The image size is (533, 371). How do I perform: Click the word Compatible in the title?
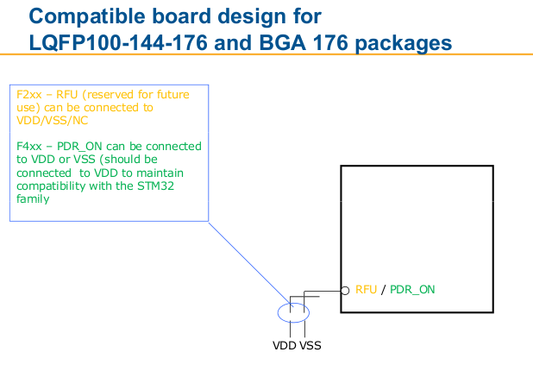coord(87,17)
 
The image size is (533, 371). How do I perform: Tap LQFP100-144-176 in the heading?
coord(118,43)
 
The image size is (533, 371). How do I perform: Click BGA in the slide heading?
coord(282,43)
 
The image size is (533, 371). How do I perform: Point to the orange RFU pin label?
coord(366,289)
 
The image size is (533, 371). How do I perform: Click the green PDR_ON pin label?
coord(412,290)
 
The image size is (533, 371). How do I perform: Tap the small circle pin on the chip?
coord(345,291)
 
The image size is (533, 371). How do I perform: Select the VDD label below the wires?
coord(284,345)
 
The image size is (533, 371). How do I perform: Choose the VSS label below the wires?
coord(310,345)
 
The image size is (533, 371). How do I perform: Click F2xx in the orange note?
coord(29,94)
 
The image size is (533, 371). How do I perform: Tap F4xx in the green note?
coord(29,146)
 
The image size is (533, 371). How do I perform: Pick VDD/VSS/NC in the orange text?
coord(53,121)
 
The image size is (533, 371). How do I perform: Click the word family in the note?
coord(33,199)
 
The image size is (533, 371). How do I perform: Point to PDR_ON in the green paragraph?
coord(79,147)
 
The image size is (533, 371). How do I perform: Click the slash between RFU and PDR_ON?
coord(384,290)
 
